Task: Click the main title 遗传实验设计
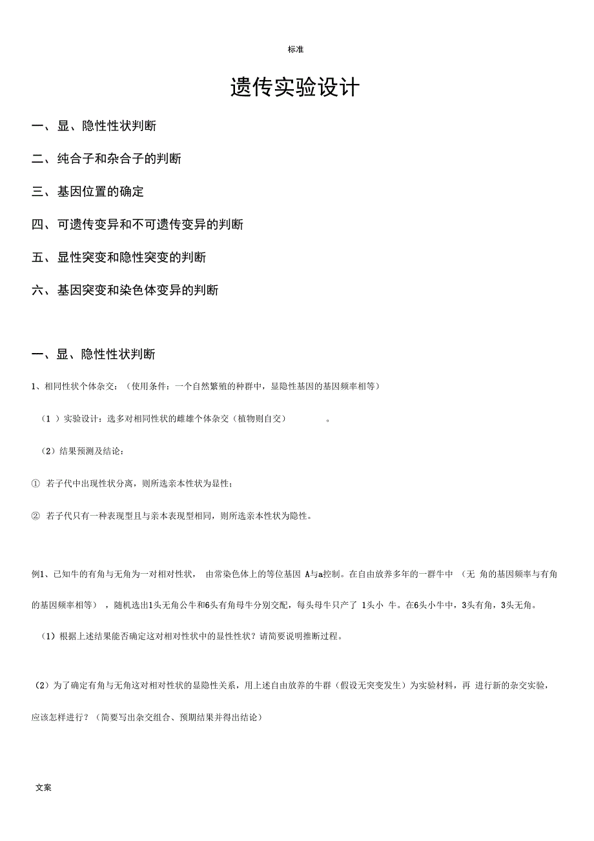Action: (x=294, y=88)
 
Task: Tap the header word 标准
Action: (x=296, y=50)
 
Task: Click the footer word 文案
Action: (x=44, y=787)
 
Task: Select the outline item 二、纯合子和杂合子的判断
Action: (x=107, y=159)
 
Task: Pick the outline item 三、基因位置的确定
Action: (x=88, y=192)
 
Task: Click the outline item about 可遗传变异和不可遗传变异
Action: (x=138, y=225)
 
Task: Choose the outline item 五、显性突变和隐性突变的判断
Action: (x=119, y=258)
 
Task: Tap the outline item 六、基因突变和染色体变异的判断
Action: (x=125, y=290)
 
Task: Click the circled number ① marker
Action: (x=36, y=483)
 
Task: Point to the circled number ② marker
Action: (x=36, y=516)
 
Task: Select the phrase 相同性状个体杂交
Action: (x=81, y=387)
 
